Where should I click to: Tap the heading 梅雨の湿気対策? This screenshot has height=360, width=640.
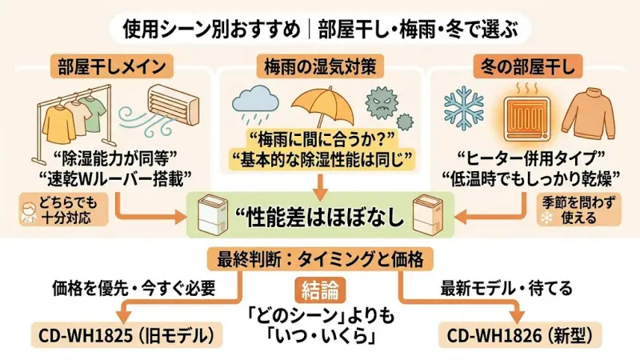[319, 63]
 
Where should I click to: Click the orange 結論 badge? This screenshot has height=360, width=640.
[319, 289]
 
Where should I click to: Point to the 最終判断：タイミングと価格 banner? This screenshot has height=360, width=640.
[319, 259]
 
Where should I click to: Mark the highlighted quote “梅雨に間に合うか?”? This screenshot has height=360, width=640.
[319, 137]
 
